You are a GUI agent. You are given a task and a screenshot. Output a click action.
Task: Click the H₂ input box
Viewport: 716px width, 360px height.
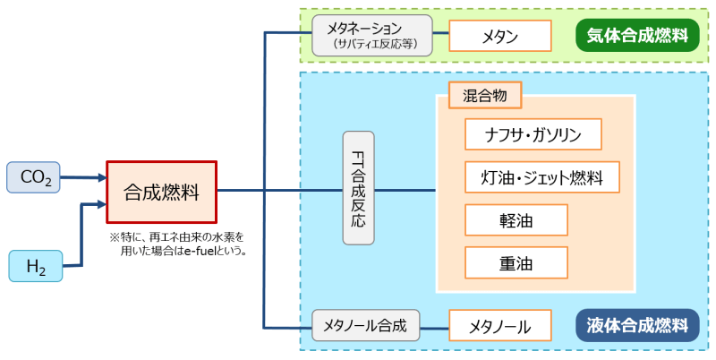(x=37, y=266)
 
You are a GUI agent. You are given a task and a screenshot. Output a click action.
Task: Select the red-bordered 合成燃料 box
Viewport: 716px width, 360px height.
(x=162, y=192)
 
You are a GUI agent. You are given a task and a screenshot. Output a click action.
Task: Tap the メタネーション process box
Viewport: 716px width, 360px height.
(x=371, y=36)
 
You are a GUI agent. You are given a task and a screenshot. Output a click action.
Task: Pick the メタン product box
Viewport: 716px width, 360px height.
(x=498, y=37)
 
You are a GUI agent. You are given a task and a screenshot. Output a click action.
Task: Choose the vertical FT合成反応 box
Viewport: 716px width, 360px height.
(x=358, y=189)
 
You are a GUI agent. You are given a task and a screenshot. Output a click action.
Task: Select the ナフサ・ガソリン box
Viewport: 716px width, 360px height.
(x=533, y=135)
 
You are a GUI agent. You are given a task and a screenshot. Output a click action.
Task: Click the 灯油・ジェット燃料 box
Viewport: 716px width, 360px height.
(x=542, y=177)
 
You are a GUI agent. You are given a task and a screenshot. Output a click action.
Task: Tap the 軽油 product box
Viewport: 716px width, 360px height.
(x=516, y=219)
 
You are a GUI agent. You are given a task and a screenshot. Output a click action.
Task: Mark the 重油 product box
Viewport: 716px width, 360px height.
(x=516, y=262)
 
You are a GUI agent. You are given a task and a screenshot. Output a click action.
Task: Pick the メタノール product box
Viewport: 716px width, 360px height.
(x=499, y=326)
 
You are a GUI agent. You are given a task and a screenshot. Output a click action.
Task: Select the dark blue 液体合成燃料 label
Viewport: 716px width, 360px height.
(x=637, y=324)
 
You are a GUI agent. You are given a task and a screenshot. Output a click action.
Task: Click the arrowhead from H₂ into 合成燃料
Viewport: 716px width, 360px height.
(x=101, y=205)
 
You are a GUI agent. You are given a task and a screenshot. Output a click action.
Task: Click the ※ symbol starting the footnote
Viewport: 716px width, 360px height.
(x=114, y=237)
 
